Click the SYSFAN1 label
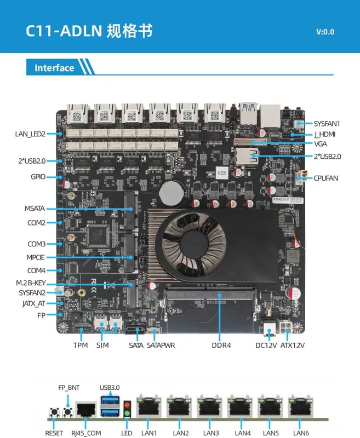point(327,124)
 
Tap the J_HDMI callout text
point(324,134)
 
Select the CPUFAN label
point(325,178)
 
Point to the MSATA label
point(35,209)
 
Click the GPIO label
point(38,176)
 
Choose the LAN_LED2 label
point(30,134)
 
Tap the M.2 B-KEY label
point(31,283)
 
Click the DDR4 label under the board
point(221,345)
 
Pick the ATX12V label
point(293,345)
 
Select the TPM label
point(81,345)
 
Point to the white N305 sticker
point(222,173)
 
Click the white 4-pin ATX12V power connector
point(284,327)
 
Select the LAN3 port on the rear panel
point(210,406)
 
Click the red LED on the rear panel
point(127,405)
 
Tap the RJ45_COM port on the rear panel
point(86,410)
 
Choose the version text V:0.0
point(325,32)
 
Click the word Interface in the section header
point(54,68)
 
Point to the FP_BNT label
point(68,388)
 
